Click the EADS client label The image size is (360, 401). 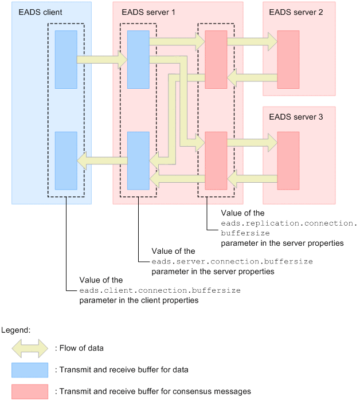point(40,12)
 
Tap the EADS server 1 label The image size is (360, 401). point(148,12)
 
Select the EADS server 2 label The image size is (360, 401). point(296,12)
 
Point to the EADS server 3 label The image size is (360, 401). point(296,117)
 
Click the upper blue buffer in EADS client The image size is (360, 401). point(66,60)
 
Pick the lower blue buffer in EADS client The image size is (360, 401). point(66,160)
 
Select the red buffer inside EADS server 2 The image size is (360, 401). point(288,60)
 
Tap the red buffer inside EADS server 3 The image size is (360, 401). point(288,160)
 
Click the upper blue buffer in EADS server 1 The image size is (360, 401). point(138,60)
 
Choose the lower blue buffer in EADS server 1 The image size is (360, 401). point(138,160)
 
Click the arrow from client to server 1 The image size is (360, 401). point(102,60)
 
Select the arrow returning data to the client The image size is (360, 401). point(103,160)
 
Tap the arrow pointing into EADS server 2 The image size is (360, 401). point(252,42)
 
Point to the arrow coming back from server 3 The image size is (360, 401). point(252,179)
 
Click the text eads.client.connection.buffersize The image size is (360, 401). point(160,290)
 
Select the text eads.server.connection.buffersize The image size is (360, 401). point(232,261)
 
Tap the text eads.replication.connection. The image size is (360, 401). point(289,223)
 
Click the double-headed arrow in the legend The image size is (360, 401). point(30,348)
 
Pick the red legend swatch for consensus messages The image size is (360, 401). point(30,391)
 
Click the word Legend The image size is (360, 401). point(16,330)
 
